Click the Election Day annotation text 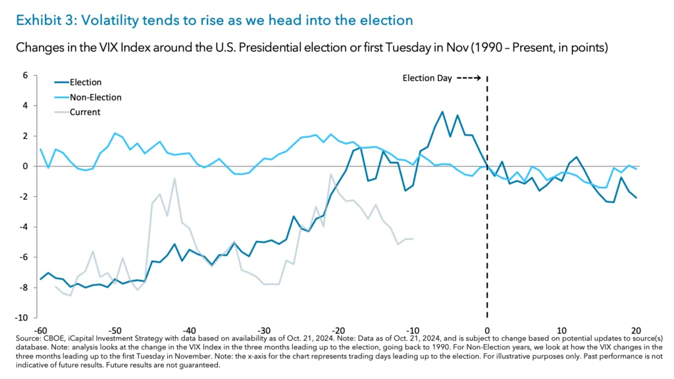427,78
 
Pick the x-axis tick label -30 263,330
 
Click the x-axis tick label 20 636,330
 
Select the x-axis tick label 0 487,330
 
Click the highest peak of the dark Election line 442,112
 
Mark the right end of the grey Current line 413,239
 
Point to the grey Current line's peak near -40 174,178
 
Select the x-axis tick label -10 413,330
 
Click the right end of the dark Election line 636,197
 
